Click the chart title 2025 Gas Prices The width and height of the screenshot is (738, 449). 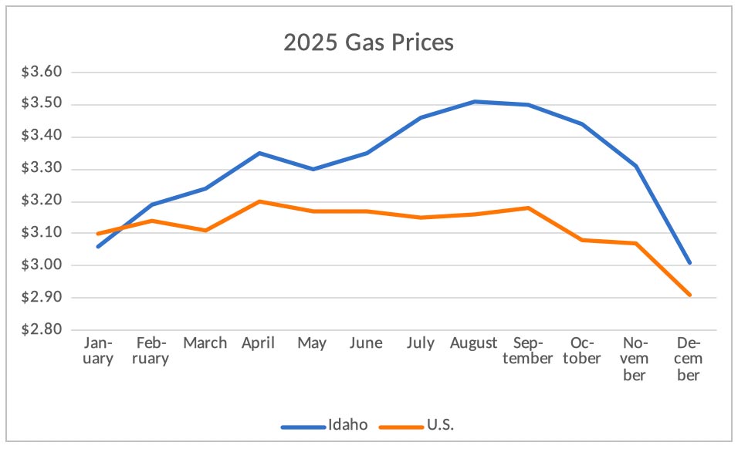[x=368, y=42]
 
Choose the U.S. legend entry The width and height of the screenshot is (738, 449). [x=445, y=425]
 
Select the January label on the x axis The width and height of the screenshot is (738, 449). [x=98, y=350]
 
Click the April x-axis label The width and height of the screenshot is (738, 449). [x=259, y=343]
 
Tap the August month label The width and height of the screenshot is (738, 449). [x=474, y=343]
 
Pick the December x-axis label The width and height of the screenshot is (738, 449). [x=689, y=359]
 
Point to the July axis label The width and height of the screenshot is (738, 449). [x=420, y=343]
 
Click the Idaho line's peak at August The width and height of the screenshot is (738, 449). [x=474, y=101]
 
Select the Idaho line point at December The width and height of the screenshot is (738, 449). [x=689, y=262]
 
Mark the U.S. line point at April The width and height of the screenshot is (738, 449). [x=259, y=201]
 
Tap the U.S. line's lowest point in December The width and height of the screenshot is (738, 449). [x=689, y=295]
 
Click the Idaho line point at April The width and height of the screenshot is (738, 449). [x=259, y=153]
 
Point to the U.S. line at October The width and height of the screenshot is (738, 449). [x=581, y=240]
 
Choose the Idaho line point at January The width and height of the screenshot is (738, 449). [x=98, y=246]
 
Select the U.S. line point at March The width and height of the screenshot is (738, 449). [x=205, y=230]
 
